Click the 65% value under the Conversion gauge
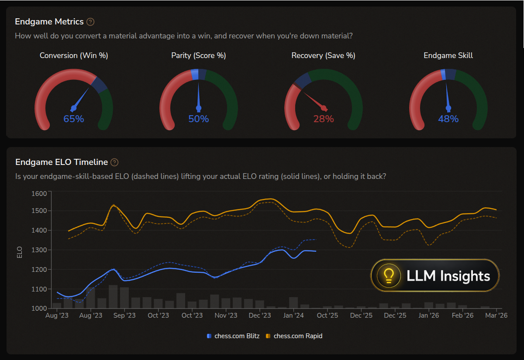point(74,119)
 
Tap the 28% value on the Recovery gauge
point(324,119)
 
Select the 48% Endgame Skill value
point(448,119)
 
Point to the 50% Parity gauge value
point(199,119)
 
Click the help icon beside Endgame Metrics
point(90,22)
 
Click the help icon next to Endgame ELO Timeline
point(114,162)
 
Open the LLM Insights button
point(435,275)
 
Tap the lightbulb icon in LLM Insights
point(389,275)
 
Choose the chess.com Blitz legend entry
point(233,336)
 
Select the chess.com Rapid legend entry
point(294,336)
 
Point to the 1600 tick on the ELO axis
point(39,194)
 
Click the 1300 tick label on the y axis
point(39,250)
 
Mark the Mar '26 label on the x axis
point(496,315)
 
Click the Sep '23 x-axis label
point(124,315)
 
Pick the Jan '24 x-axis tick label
point(293,315)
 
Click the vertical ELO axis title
point(19,252)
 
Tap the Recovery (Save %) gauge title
point(323,55)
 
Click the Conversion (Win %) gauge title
point(74,55)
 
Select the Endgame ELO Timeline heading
point(62,162)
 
